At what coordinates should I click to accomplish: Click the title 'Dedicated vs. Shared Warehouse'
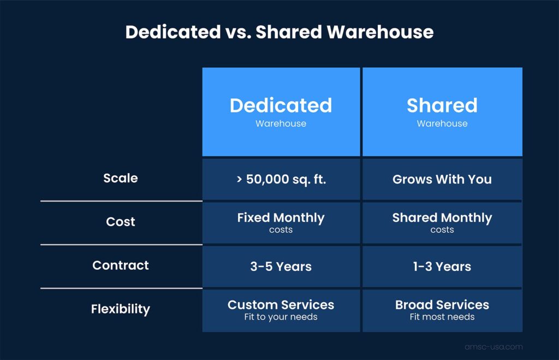279,32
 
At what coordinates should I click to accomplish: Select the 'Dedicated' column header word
281,105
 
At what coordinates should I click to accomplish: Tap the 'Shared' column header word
442,105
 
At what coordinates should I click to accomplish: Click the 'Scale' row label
121,178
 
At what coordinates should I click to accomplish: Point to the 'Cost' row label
121,222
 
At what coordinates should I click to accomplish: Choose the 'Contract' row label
121,265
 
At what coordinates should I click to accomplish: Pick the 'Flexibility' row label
121,309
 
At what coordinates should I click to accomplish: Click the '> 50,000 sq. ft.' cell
281,179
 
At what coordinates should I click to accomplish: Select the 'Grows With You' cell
442,179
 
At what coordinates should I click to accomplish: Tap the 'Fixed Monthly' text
281,218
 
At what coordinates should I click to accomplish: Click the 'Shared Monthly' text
442,218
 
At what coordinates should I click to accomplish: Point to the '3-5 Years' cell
281,267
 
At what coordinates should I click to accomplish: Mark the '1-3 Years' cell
442,267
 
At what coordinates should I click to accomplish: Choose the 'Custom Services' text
281,305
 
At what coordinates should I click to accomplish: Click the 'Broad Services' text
442,305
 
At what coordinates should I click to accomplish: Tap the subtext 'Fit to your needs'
281,317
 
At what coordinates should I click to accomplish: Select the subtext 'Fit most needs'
442,317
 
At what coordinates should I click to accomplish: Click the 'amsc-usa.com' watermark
493,346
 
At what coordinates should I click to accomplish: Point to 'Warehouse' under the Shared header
442,123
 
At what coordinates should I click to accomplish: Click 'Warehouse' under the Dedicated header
281,123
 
